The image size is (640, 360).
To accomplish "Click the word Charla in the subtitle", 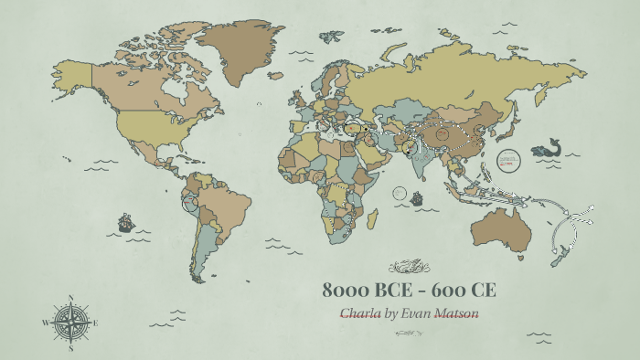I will click(360, 313).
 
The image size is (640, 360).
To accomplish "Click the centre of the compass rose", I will click(69, 322).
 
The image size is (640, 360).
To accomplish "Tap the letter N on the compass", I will click(70, 297).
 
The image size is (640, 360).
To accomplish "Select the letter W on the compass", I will click(45, 323).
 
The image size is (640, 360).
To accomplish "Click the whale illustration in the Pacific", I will click(549, 148).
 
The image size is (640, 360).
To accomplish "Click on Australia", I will click(497, 228).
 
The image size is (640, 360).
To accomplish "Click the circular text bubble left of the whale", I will click(507, 159).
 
